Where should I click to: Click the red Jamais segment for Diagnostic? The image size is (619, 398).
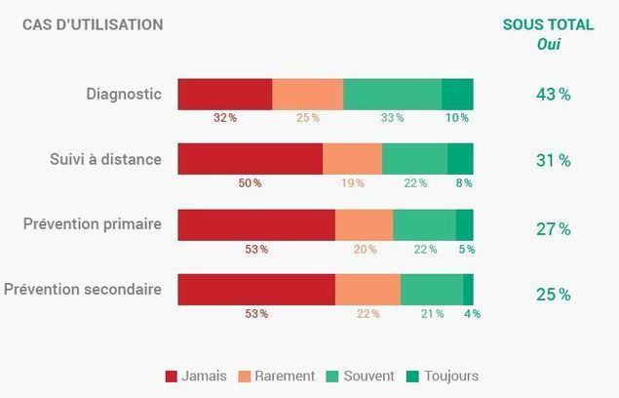point(224,94)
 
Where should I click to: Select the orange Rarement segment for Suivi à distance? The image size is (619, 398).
point(352,159)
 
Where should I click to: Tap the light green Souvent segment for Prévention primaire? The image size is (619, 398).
point(424,224)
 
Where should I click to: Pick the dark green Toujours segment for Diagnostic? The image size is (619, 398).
point(457,94)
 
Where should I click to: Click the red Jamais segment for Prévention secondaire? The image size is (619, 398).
point(255,290)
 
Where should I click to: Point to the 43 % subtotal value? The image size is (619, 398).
point(553,95)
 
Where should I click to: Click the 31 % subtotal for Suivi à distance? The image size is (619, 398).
point(553,160)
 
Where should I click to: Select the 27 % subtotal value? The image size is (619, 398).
point(553,229)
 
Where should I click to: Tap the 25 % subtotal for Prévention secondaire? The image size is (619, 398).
point(553,295)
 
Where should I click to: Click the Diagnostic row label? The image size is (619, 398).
point(123,95)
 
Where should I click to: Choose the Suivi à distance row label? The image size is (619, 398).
point(105,159)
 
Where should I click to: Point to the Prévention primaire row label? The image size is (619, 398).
point(92,224)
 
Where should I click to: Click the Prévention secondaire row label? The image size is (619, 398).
point(83,290)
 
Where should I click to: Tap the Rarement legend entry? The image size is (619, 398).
point(276,376)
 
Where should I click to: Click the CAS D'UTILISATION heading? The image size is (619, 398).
point(93,24)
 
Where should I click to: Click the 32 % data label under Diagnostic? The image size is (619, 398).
point(225,118)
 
